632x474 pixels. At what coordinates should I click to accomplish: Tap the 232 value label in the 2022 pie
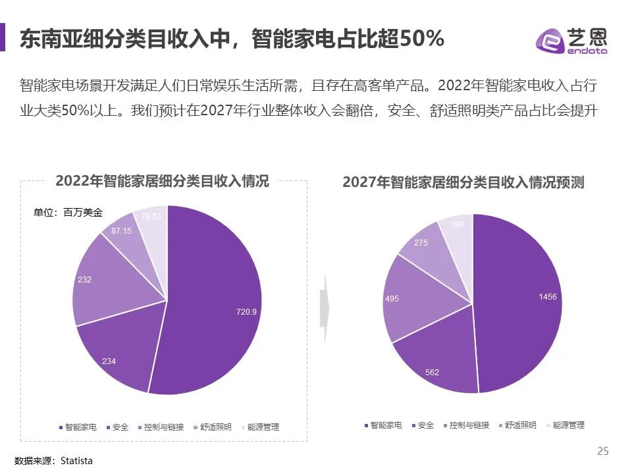point(84,280)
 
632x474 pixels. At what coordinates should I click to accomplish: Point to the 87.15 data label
point(120,231)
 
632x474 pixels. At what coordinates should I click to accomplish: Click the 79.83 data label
point(151,216)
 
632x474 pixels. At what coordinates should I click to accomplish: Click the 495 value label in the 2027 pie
point(392,299)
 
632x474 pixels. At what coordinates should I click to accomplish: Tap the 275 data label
point(421,243)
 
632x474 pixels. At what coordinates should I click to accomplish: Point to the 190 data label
point(456,224)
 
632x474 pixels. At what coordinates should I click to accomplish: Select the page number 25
point(602,451)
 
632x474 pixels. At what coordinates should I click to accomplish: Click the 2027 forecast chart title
point(463,183)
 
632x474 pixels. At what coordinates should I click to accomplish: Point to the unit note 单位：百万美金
point(68,213)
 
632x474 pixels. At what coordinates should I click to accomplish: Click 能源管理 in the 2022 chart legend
point(261,427)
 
